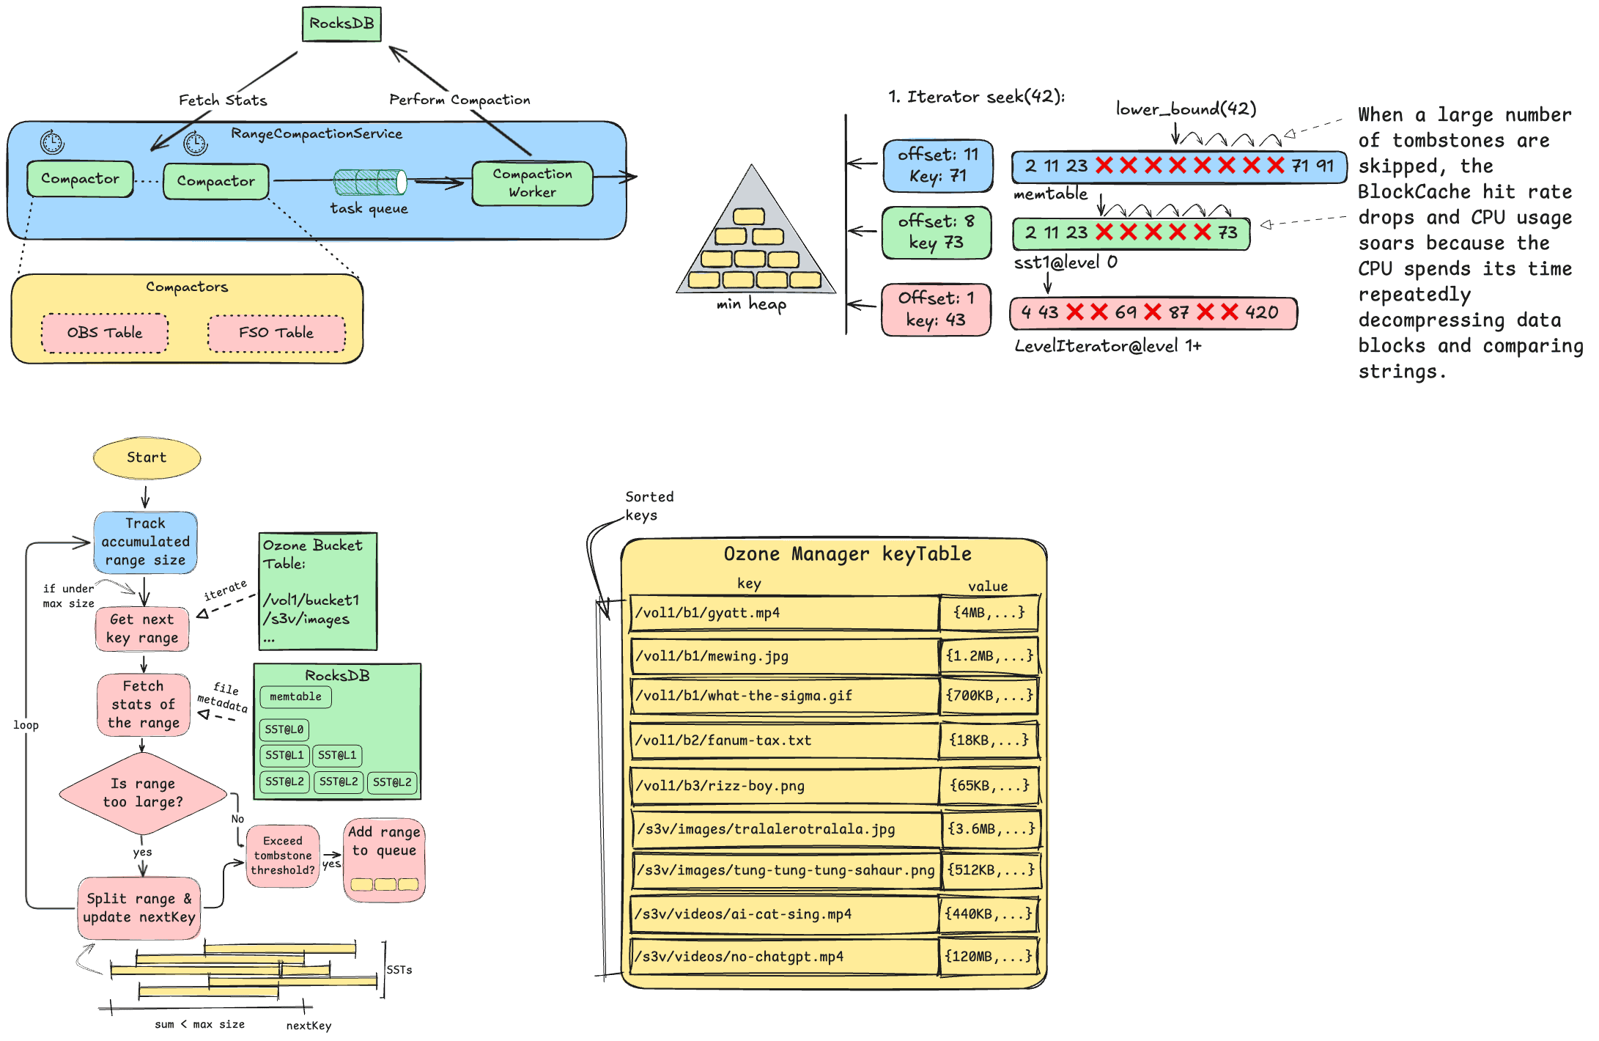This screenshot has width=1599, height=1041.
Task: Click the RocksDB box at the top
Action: click(341, 24)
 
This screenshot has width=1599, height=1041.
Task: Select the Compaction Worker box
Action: click(532, 183)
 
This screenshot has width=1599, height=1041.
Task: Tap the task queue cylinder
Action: click(370, 182)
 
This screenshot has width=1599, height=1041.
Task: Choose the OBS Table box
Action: click(105, 333)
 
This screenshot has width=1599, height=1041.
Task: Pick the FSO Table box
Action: click(276, 333)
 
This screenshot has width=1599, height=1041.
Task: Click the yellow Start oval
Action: click(147, 457)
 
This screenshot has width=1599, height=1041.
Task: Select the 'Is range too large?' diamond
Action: click(143, 793)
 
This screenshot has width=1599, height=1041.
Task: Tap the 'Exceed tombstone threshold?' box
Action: click(283, 856)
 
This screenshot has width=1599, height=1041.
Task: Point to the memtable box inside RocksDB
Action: click(295, 696)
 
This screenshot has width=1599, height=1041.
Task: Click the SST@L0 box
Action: click(284, 729)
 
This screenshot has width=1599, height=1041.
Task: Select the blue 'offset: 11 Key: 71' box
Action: click(937, 166)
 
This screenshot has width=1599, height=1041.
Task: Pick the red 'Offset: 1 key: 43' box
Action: click(936, 309)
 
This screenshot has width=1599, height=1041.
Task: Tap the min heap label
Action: click(751, 304)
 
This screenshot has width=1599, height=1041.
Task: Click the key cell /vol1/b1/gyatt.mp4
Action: click(784, 613)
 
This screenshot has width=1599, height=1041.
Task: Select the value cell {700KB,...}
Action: click(989, 695)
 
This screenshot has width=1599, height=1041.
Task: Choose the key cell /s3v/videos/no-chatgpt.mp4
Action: click(784, 957)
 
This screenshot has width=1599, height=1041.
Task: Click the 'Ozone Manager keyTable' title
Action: click(847, 554)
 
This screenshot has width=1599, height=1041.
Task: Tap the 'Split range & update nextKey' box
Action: click(139, 908)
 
